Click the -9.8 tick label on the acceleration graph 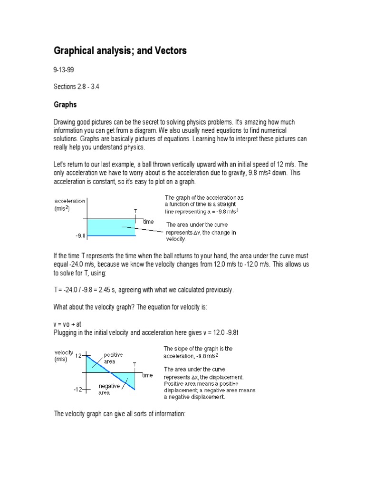click(79, 235)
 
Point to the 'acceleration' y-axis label click(69, 201)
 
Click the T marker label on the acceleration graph click(135, 211)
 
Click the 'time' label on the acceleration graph click(148, 222)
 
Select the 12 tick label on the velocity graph click(78, 355)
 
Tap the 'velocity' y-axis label click(64, 352)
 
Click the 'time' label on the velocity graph click(147, 375)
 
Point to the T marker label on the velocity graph click(135, 364)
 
